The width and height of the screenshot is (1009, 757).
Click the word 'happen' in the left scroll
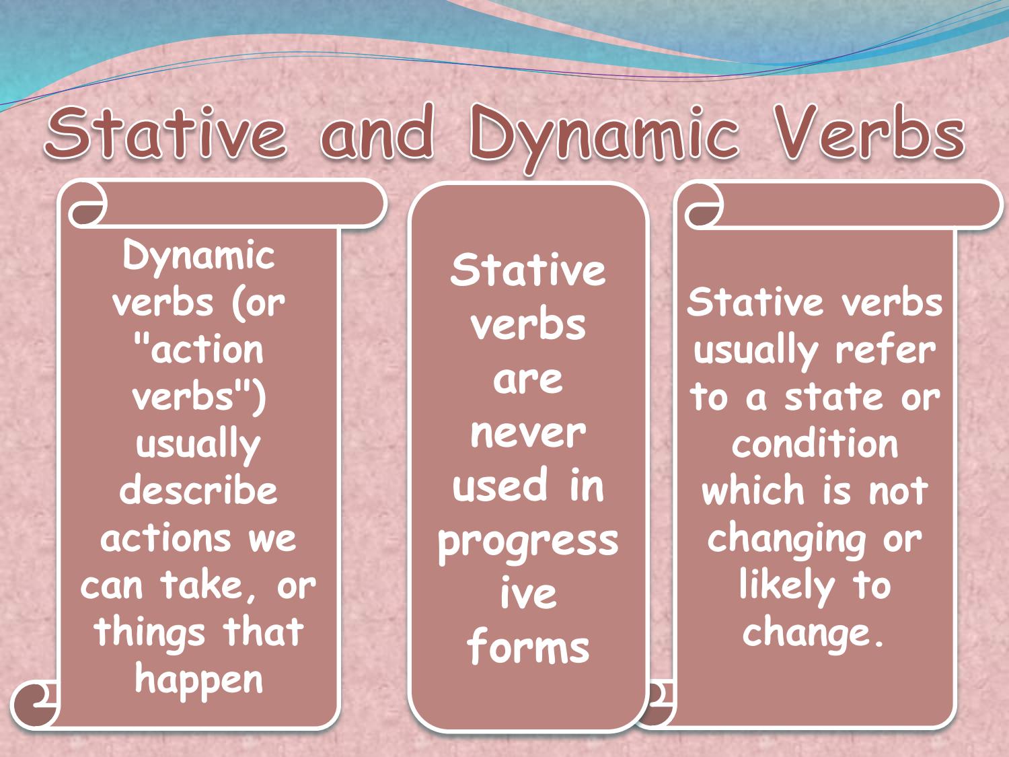tap(198, 680)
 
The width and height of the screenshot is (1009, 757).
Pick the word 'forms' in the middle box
tap(527, 647)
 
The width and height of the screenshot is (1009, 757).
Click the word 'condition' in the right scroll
tap(815, 444)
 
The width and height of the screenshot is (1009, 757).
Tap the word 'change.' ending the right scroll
tap(813, 633)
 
